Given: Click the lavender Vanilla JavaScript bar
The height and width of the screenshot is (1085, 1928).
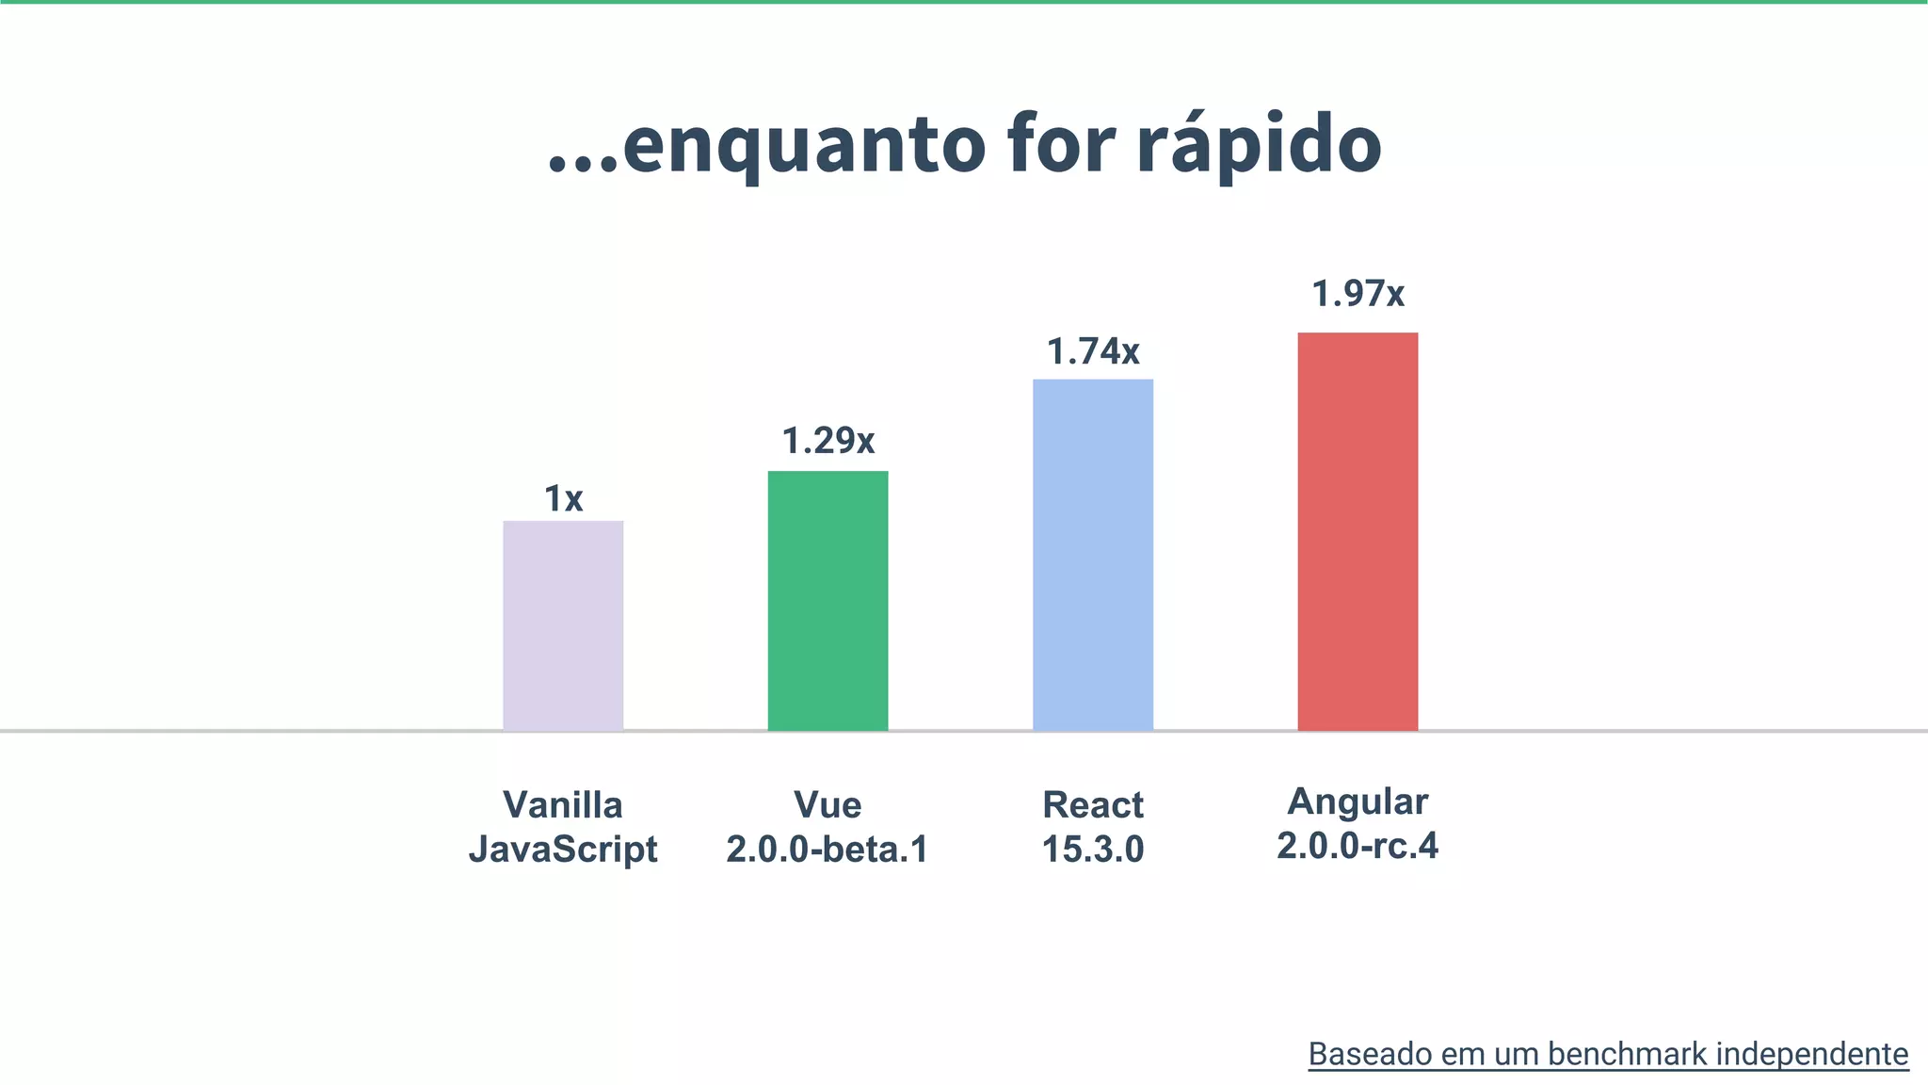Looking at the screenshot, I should point(563,625).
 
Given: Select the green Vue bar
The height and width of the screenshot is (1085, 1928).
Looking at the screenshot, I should point(827,601).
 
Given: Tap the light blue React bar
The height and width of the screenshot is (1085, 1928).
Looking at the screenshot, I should point(1092,555).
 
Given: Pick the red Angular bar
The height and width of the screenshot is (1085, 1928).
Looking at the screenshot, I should point(1358,531).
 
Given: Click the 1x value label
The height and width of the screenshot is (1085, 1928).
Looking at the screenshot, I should point(563,498).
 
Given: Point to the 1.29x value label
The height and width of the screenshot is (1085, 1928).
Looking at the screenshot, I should point(827,441).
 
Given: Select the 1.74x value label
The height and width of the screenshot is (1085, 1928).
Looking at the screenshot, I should point(1092,352).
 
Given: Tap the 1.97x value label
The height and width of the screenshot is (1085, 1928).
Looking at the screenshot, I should point(1358,294).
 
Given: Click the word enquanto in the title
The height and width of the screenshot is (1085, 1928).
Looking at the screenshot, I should point(804,146).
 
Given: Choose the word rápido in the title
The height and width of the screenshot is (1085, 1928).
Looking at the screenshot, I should point(1259,146).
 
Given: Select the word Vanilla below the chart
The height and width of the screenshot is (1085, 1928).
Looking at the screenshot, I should point(563,805).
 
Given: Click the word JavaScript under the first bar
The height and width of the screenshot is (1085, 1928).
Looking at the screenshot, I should point(563,850).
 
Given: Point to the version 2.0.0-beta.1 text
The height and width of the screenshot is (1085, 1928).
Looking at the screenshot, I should point(827,850).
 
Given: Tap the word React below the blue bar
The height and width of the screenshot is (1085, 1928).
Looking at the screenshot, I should point(1092,805).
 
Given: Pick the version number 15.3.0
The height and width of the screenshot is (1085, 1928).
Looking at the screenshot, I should point(1092,850).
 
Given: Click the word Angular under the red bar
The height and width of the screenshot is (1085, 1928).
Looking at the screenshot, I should point(1358,802).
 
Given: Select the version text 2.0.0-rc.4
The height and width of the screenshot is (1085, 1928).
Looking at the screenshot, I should point(1358,846).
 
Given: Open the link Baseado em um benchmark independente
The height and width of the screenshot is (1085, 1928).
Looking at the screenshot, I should point(1608,1055).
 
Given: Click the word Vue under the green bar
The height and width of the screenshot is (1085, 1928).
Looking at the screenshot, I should point(827,805).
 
